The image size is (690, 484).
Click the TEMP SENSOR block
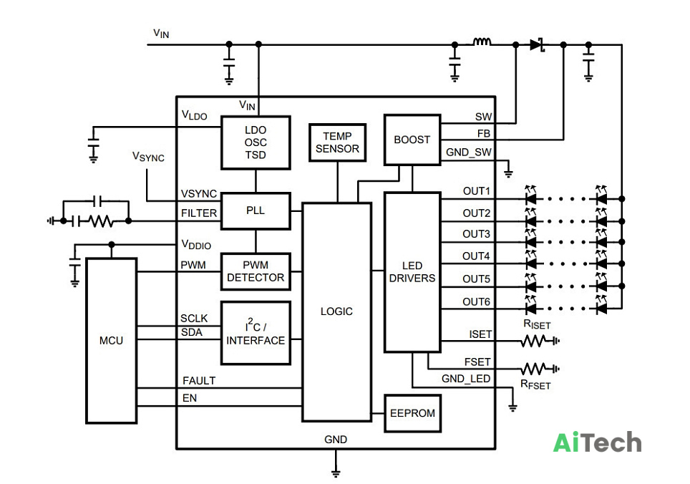coord(338,142)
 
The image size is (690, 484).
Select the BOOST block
coord(412,140)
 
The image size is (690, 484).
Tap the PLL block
coord(256,210)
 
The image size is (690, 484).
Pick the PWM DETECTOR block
coord(256,271)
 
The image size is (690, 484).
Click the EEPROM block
coord(412,413)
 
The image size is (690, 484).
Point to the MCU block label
coord(112,341)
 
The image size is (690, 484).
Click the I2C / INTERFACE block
coord(256,333)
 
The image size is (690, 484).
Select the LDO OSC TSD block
coord(256,142)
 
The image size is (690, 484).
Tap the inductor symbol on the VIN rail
coord(482,42)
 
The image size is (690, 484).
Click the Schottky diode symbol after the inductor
coord(538,44)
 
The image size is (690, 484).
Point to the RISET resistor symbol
coord(534,341)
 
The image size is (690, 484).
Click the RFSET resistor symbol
coord(534,369)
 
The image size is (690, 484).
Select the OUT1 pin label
coord(476,191)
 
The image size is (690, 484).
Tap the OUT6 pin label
coord(476,302)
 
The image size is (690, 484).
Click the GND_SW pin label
coord(469,153)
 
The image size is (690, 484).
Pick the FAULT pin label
coord(199,381)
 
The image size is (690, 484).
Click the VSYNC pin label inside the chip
coord(199,193)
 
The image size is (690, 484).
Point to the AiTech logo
coord(597,442)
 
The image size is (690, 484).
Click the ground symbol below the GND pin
coord(336,473)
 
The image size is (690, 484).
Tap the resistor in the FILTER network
coord(100,221)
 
